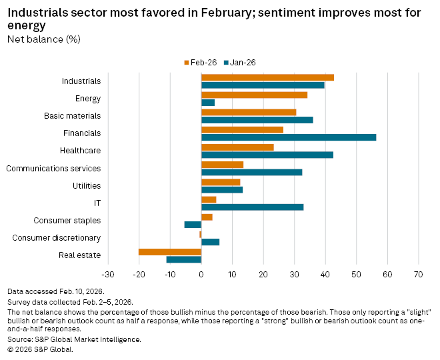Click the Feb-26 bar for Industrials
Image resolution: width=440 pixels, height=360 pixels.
[x=267, y=77]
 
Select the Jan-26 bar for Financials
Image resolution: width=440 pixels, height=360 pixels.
[x=289, y=137]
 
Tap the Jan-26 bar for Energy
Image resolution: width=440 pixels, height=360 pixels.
[x=208, y=103]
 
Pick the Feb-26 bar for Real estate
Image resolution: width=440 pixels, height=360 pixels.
[x=170, y=251]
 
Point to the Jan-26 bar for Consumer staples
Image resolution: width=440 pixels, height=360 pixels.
[x=193, y=224]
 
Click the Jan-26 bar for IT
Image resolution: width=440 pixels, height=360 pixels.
[x=252, y=207]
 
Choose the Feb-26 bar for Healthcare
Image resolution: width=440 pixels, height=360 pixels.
[x=237, y=147]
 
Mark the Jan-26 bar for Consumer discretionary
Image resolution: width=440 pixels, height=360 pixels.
[x=210, y=241]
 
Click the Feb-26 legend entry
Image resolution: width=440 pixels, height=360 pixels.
[x=199, y=62]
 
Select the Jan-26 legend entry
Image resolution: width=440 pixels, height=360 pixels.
[x=239, y=62]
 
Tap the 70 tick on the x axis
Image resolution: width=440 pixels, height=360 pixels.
[x=418, y=275]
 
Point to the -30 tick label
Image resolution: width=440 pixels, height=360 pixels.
[x=107, y=275]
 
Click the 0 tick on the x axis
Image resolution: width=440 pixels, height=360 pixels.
[x=201, y=275]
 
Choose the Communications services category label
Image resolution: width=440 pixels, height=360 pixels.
[x=53, y=168]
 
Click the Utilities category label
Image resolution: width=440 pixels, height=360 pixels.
[x=87, y=185]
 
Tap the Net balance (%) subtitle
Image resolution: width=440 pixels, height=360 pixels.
[x=44, y=39]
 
